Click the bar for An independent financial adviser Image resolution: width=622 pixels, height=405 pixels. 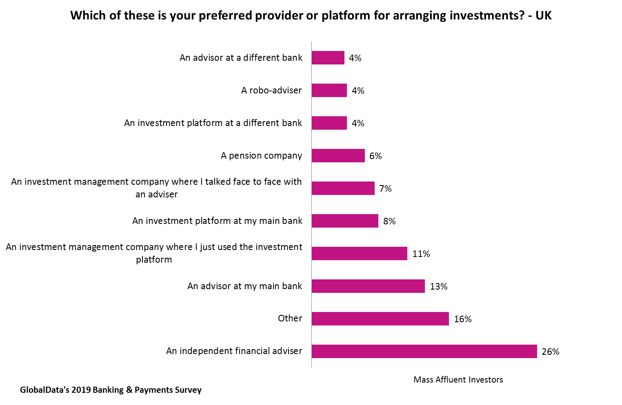[424, 351]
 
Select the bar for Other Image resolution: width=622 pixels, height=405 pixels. [380, 319]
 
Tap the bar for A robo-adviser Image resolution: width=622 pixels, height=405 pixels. [329, 90]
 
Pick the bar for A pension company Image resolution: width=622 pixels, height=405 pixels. [338, 155]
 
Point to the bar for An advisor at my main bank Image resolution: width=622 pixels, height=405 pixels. [368, 286]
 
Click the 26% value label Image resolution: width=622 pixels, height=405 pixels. [550, 352]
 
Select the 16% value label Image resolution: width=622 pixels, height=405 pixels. [463, 319]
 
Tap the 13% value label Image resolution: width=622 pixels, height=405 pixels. [439, 286]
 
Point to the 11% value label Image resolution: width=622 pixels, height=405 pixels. [421, 254]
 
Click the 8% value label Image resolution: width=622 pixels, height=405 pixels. [389, 221]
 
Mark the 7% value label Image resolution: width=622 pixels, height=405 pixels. [385, 188]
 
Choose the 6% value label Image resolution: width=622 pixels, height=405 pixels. [375, 156]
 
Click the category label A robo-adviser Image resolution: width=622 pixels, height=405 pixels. [271, 90]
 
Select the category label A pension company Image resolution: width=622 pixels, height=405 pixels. [261, 155]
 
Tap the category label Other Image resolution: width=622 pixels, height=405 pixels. [290, 318]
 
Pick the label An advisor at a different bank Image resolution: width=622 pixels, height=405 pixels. [241, 58]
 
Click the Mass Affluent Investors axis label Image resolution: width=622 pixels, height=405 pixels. [458, 380]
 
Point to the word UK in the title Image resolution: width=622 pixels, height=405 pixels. [543, 15]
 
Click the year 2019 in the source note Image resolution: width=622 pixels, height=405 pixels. [81, 390]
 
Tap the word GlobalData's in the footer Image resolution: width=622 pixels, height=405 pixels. [44, 390]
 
